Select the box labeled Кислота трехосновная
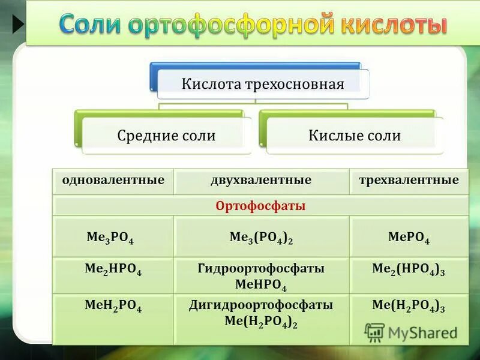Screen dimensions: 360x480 point(263,84)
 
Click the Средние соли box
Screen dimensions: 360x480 point(166,136)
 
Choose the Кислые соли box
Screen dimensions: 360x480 point(354,136)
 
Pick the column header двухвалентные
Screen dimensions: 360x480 point(260,180)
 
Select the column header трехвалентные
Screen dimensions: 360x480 point(409,180)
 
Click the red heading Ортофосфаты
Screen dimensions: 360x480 point(260,206)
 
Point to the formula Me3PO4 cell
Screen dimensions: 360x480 point(110,238)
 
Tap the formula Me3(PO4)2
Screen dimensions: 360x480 point(261,238)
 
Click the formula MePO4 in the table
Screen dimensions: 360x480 point(409,238)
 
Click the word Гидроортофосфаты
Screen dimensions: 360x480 point(261,268)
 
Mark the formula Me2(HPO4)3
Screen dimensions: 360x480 point(409,271)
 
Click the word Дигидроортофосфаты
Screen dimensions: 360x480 point(261,305)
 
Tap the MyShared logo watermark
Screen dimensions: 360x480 point(410,332)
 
